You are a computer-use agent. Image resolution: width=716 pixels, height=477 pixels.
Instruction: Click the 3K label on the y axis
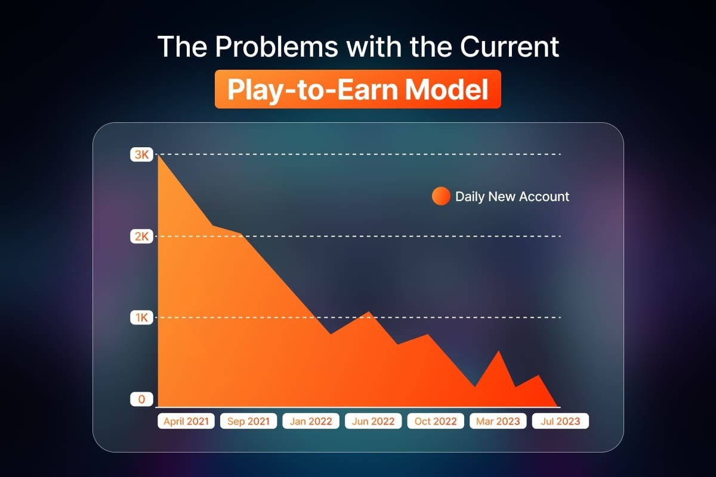(x=141, y=154)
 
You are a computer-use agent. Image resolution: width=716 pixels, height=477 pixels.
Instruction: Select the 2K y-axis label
(x=141, y=237)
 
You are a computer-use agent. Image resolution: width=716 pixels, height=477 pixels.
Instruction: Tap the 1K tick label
(x=141, y=318)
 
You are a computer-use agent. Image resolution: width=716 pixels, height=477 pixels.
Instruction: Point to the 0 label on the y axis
(x=141, y=399)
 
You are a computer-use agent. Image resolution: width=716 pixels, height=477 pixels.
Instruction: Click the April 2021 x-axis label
(x=186, y=421)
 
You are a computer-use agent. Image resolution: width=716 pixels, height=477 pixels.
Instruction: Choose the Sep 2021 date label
(x=248, y=421)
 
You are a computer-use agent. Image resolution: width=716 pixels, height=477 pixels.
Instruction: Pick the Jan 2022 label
(x=311, y=421)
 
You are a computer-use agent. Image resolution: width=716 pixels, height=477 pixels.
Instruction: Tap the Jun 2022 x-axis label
(x=373, y=421)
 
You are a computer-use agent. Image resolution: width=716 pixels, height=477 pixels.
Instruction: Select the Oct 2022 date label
(x=436, y=421)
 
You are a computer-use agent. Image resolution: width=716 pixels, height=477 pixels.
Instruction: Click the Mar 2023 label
(x=498, y=421)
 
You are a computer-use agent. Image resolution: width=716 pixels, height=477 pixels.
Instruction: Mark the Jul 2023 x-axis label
(x=560, y=421)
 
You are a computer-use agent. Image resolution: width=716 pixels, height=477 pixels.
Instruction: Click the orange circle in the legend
(x=441, y=196)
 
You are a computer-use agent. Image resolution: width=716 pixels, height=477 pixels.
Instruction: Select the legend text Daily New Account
(x=512, y=197)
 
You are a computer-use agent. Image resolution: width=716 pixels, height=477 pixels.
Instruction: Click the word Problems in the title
(x=276, y=47)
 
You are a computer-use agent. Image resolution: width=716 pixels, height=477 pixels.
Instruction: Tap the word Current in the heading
(x=510, y=47)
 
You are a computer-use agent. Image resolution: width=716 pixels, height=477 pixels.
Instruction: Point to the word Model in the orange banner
(x=446, y=89)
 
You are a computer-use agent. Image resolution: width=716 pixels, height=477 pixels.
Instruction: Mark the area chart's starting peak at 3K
(x=159, y=155)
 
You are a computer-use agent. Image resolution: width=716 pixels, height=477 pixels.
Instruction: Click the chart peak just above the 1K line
(x=369, y=311)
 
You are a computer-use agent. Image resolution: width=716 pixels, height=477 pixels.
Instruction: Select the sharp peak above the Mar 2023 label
(x=499, y=351)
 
